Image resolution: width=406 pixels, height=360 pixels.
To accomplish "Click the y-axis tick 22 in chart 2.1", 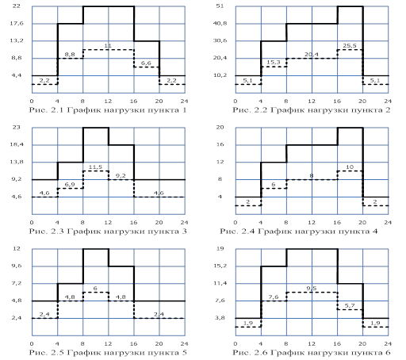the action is tap(17, 6).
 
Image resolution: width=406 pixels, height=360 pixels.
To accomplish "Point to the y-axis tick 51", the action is tap(220, 6).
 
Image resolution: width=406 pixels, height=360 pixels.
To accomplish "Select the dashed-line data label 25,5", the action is tap(350, 46).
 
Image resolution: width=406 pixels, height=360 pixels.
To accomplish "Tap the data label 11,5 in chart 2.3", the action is tap(95, 167).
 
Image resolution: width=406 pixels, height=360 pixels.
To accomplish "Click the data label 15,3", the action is tap(273, 63).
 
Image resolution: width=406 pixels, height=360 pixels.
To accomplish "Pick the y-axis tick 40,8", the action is tap(220, 23).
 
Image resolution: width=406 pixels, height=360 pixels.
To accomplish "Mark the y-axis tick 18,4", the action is tap(17, 144).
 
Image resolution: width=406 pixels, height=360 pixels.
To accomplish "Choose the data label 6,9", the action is tap(70, 185).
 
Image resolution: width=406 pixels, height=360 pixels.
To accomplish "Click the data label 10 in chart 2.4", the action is tap(350, 167).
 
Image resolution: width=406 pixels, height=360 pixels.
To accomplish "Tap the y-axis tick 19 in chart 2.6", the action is tap(220, 248).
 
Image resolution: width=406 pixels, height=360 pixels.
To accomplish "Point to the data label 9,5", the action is tap(312, 289).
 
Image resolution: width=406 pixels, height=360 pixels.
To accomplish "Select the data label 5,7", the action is tap(350, 306).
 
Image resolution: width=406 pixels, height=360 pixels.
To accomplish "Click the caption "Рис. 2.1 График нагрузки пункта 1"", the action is tap(108, 110).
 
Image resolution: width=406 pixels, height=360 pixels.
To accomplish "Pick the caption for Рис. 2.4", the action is tap(299, 232).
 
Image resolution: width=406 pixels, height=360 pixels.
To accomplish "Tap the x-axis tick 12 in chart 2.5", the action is tap(108, 343).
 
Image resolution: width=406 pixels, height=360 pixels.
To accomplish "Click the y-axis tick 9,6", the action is tap(17, 266).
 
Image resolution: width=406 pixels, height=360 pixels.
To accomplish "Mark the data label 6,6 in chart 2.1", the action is tap(146, 63).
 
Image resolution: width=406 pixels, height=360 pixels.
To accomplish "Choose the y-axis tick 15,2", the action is tap(220, 266).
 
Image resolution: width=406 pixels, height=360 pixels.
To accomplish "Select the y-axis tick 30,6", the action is tap(220, 40).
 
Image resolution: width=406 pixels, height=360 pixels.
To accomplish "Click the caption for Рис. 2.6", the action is tap(312, 353).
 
